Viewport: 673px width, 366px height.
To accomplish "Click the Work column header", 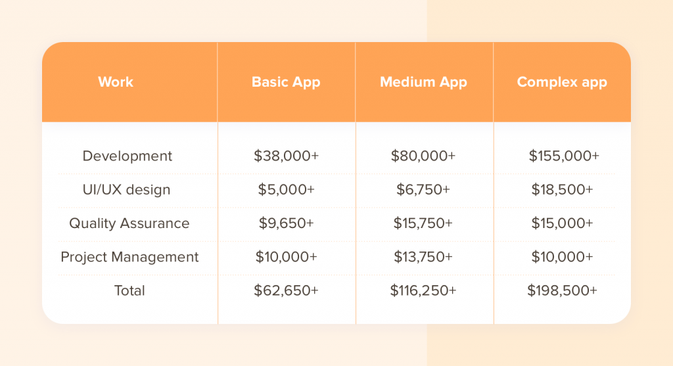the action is point(116,81).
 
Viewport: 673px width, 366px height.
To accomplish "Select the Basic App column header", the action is point(286,82).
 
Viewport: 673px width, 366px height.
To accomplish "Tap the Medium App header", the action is point(423,82).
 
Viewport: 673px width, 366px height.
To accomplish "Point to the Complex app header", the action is point(562,82).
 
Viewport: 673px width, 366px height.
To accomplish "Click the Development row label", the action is point(127,156).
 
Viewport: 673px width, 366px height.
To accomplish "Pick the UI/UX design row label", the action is point(127,189).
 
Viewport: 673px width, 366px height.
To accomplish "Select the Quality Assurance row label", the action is point(129,223).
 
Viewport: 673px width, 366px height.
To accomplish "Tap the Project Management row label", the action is point(129,256).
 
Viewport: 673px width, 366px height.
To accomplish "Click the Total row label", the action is point(129,290).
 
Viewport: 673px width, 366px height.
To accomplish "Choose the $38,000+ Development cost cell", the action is point(287,156).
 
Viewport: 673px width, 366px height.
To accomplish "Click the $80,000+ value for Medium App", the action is point(423,156).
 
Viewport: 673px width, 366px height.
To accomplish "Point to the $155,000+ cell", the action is point(563,156).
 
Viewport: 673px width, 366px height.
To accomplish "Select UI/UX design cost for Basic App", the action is point(287,189).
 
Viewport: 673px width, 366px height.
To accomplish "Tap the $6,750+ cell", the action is point(423,189).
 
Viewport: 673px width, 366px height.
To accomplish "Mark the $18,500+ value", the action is point(562,189).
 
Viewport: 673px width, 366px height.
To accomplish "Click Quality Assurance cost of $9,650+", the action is point(287,223).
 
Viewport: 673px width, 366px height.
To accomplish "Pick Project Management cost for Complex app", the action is point(562,256).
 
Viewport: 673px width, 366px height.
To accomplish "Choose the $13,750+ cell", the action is point(423,256).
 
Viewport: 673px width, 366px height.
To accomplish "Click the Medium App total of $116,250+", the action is point(423,290).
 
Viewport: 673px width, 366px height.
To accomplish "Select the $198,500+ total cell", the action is point(562,290).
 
